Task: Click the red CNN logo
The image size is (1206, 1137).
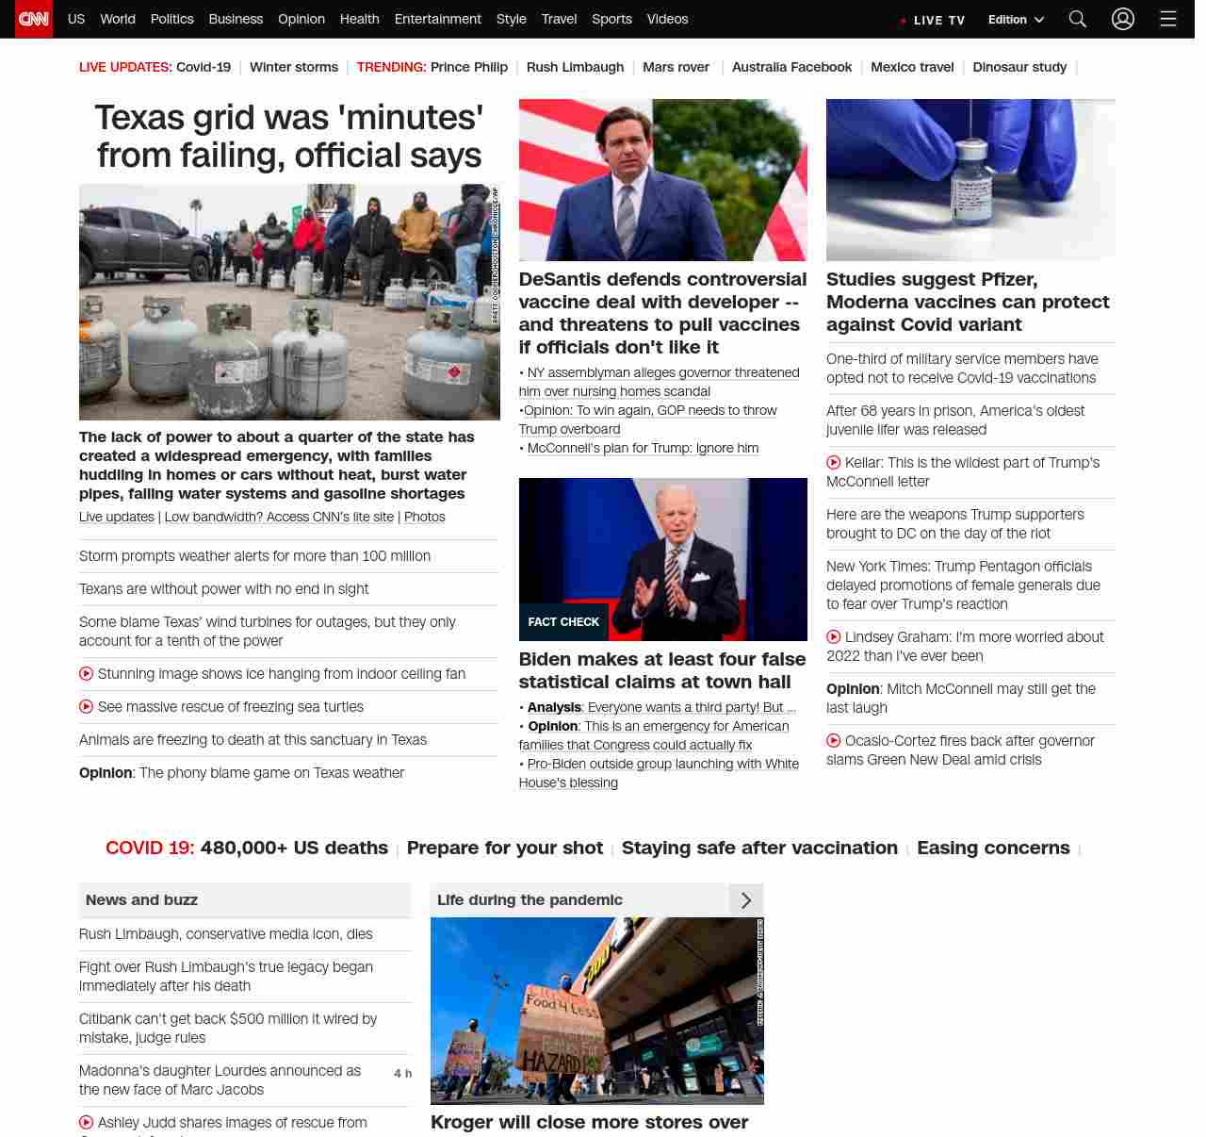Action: point(34,19)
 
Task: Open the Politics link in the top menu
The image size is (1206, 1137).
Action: point(171,19)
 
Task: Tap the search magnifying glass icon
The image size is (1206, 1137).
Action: point(1078,19)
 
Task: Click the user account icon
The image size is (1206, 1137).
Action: point(1122,19)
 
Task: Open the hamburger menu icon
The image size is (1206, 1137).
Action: point(1168,19)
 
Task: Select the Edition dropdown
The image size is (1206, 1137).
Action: point(1016,20)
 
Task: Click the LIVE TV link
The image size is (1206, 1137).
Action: point(933,20)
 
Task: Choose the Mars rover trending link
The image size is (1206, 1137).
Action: point(676,67)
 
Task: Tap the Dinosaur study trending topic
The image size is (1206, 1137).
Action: point(1019,67)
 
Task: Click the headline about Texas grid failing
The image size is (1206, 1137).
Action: point(289,136)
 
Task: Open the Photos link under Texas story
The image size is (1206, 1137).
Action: point(424,517)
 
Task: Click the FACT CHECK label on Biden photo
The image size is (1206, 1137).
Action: point(563,622)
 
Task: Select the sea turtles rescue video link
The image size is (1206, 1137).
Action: point(230,707)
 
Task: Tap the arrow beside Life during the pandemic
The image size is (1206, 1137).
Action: point(745,900)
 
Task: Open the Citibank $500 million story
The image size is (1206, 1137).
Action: point(228,1029)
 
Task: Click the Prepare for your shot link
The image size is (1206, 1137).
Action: point(504,848)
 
